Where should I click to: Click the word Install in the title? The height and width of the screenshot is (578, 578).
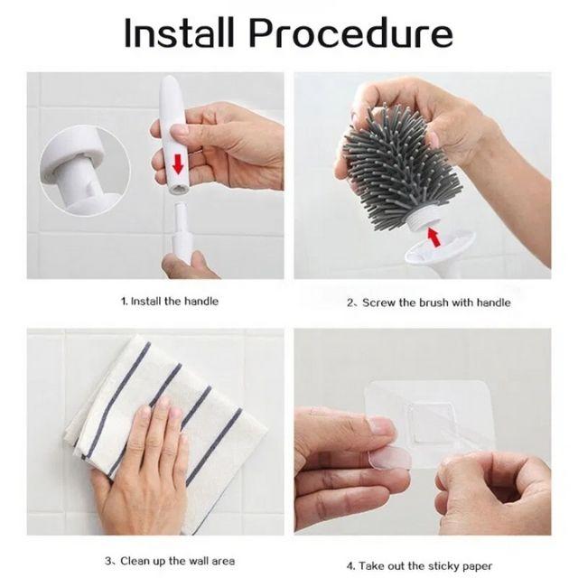coord(180,33)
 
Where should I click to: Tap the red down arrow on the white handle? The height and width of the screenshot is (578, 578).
coord(178,164)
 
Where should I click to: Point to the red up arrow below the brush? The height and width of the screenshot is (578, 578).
coord(433,237)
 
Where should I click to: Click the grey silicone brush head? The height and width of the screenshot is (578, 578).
coord(400,166)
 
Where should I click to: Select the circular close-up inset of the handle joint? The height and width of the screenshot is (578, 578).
coord(85,170)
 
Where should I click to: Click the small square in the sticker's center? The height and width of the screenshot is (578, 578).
coord(431,423)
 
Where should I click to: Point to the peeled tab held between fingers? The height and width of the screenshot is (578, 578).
coord(390,458)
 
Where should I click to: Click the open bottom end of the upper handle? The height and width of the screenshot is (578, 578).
coord(179,190)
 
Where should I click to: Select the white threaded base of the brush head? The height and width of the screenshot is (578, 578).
coord(423,220)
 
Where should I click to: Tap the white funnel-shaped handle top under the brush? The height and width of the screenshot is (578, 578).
coord(439,251)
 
